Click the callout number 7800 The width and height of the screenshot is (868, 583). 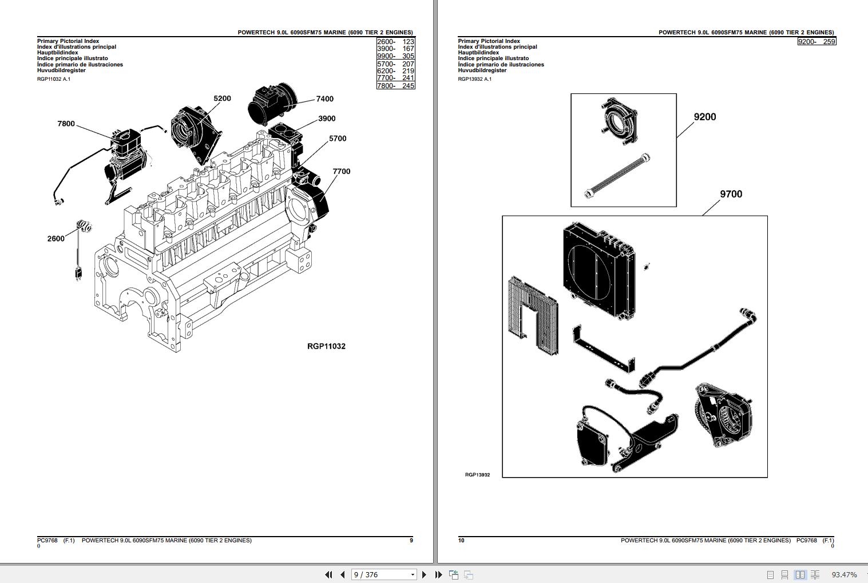coord(66,124)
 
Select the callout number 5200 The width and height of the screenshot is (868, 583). coord(222,99)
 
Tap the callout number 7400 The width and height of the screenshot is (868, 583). coord(324,99)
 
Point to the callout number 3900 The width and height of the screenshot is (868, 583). coord(327,119)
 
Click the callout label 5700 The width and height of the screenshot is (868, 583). coord(338,139)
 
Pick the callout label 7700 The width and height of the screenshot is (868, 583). coord(341,171)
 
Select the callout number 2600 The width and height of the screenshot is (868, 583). coord(56,238)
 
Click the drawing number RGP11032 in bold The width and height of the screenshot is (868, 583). coord(326,346)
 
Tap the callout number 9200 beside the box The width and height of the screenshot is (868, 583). coord(704,117)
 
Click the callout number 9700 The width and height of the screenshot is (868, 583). coord(731,194)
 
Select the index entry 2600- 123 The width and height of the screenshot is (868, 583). coord(395,42)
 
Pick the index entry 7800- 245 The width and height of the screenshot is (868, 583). coord(395,86)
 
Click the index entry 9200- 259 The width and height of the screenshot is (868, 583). coord(817,42)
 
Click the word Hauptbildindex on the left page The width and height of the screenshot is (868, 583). coord(58,53)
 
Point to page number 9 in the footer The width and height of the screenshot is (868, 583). coord(411,540)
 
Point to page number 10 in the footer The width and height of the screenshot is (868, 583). coord(461,540)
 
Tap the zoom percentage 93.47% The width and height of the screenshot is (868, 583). coord(844,574)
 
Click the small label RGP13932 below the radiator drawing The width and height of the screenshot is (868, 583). coord(477,475)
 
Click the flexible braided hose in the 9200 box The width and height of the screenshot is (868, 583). coord(617,175)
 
